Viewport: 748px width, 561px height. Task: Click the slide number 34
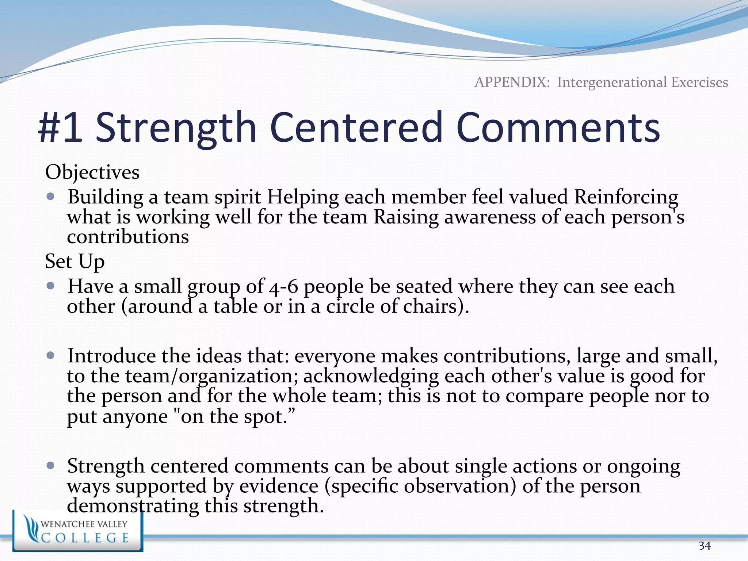click(x=705, y=546)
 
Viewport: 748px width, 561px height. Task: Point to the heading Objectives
click(x=92, y=172)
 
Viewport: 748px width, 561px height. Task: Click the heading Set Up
click(x=75, y=261)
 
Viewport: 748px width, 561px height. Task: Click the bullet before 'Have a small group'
click(x=51, y=286)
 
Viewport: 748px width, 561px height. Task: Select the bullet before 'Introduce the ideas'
click(x=51, y=355)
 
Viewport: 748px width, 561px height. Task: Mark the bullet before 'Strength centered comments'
click(x=51, y=466)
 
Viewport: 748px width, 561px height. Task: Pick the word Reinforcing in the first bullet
click(x=626, y=197)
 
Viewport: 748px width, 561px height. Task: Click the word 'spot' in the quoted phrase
click(x=264, y=416)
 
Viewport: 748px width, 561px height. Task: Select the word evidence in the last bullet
click(x=279, y=486)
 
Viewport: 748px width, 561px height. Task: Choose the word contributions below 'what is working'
click(x=128, y=237)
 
